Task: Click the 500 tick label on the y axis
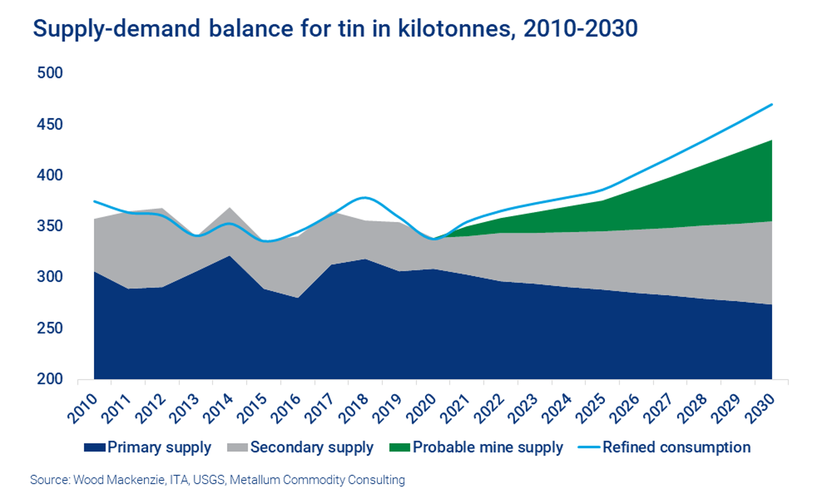tap(50, 73)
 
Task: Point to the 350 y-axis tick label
tap(50, 226)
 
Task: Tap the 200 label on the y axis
tap(50, 379)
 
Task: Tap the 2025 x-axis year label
tap(591, 408)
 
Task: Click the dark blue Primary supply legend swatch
tap(95, 447)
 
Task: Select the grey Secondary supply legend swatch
tap(238, 447)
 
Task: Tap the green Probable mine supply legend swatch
tap(400, 447)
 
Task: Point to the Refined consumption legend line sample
tap(589, 447)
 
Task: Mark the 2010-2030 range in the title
tap(581, 29)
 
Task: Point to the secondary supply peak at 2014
tap(230, 208)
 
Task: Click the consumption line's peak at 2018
tap(365, 198)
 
